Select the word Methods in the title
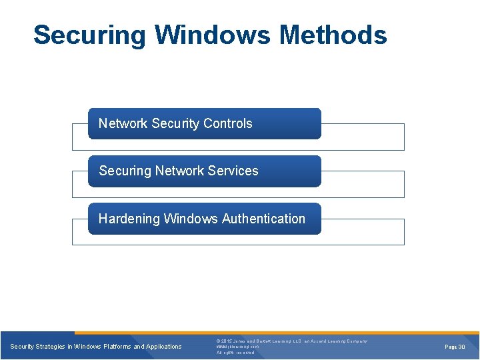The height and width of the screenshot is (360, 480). (x=333, y=35)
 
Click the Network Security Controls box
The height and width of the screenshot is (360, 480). (x=204, y=123)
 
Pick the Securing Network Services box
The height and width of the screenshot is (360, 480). (x=204, y=171)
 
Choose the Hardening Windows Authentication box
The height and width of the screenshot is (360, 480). (x=204, y=219)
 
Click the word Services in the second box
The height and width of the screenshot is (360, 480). (x=233, y=171)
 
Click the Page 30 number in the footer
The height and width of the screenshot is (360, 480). (x=455, y=347)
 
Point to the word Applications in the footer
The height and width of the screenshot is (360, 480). (x=163, y=347)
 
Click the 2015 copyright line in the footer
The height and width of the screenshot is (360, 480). (x=291, y=341)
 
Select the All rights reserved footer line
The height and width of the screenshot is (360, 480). (x=235, y=353)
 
